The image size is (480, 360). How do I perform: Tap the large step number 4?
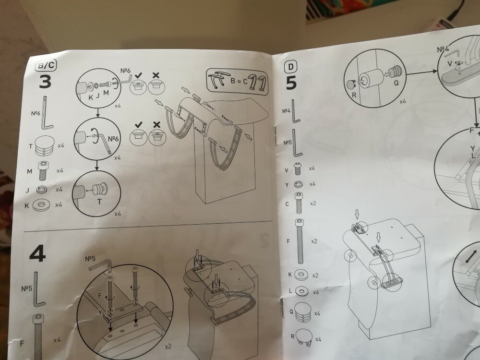pyautogui.click(x=37, y=254)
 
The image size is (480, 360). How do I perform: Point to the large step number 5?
pyautogui.click(x=291, y=82)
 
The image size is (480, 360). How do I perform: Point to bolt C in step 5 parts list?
pyautogui.click(x=300, y=204)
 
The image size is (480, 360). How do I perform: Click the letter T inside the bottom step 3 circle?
pyautogui.click(x=100, y=202)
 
